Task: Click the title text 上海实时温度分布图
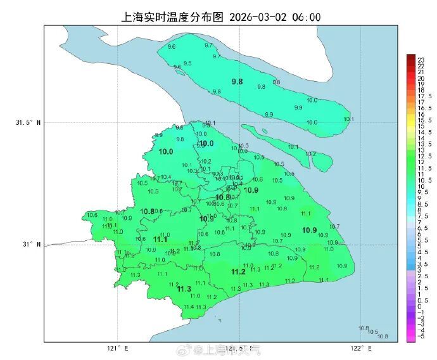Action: point(167,17)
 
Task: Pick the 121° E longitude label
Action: point(118,348)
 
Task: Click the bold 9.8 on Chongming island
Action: point(237,82)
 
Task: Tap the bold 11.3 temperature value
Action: point(184,289)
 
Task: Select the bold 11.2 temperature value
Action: point(238,272)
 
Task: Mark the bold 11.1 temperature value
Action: point(160,240)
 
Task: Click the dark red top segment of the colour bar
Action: point(410,58)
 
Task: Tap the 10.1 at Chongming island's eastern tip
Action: point(348,119)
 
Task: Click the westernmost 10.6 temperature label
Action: point(92,215)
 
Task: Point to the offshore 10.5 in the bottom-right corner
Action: point(372,332)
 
